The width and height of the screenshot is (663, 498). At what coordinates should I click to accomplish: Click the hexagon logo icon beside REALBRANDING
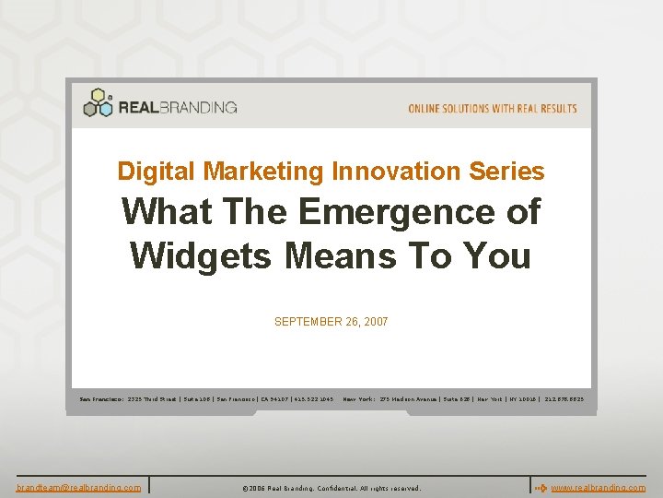pos(98,102)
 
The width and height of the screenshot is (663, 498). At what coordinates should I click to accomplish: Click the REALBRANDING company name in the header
pos(177,107)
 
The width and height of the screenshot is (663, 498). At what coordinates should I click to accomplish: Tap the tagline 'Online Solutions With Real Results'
pos(493,109)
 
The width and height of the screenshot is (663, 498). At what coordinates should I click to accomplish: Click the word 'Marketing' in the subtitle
pos(263,172)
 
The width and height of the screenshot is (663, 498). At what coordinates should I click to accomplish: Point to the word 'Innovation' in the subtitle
pos(397,172)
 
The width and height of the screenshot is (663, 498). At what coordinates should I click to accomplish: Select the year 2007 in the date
pos(376,322)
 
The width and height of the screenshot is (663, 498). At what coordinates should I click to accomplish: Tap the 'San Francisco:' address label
pos(101,399)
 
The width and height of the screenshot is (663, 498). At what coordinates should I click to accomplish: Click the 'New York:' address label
pos(358,399)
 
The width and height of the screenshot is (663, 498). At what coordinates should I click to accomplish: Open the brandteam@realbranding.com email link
pos(78,487)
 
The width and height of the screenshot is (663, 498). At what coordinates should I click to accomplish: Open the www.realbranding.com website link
pos(599,487)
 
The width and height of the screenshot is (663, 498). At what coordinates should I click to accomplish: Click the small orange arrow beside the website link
pos(541,487)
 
